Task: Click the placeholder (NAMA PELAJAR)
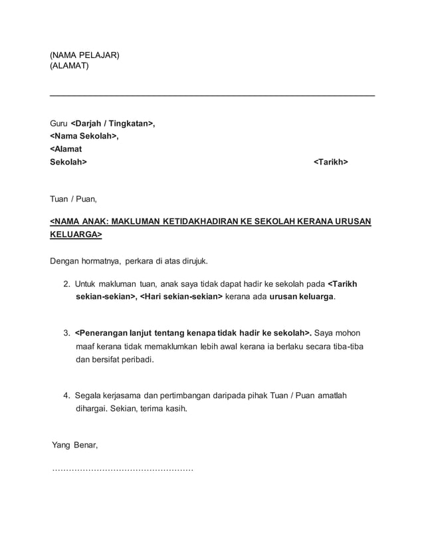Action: click(85, 55)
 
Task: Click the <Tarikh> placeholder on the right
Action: click(330, 162)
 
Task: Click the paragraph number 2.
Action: click(67, 284)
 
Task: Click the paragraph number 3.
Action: click(67, 332)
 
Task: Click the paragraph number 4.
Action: click(67, 396)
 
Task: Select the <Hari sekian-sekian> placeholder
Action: click(181, 296)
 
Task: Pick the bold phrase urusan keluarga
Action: click(302, 296)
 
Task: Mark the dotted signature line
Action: click(122, 469)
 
